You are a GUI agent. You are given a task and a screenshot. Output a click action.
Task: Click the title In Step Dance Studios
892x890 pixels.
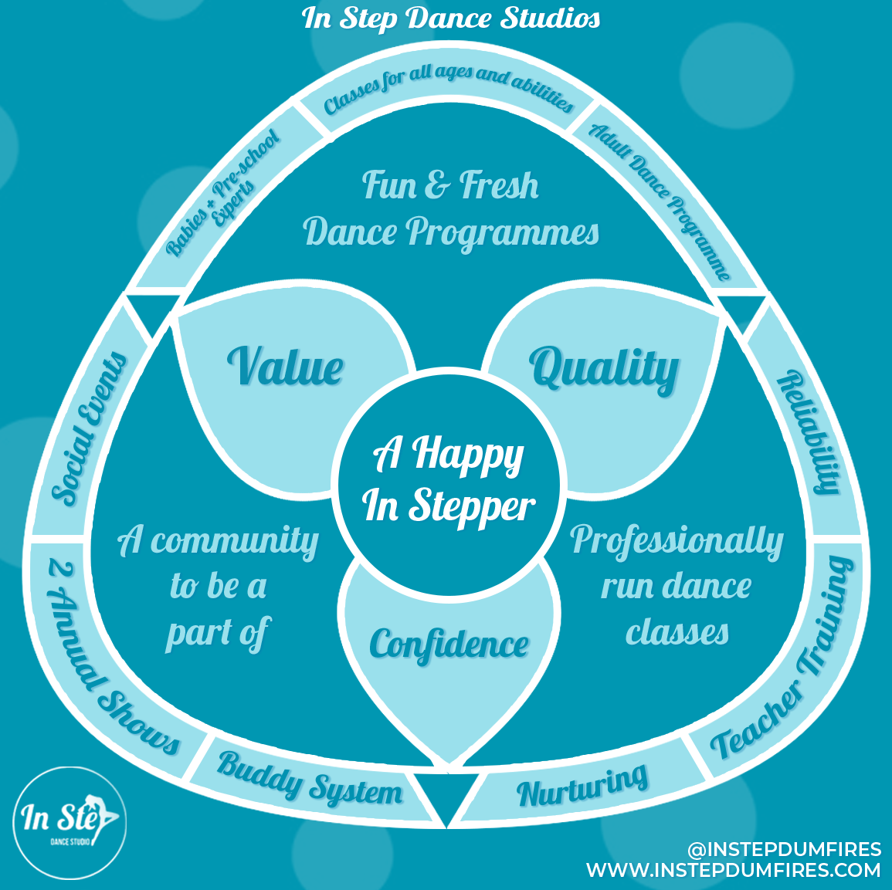(x=451, y=19)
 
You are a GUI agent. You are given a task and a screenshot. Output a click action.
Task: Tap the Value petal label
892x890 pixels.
(x=285, y=367)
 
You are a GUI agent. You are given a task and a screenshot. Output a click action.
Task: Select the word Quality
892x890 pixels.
(x=604, y=369)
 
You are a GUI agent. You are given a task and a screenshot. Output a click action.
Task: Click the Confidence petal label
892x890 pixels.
(x=449, y=645)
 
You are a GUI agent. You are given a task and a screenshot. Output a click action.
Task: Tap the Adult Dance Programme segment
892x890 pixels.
(x=660, y=201)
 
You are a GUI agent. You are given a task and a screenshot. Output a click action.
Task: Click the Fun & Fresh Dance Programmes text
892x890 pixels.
(x=451, y=209)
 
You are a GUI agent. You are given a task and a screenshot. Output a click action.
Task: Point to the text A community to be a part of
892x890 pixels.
(x=218, y=586)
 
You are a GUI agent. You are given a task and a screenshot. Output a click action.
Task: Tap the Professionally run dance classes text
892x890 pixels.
(x=677, y=586)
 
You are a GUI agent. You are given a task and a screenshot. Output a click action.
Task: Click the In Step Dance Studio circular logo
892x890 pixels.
(x=70, y=821)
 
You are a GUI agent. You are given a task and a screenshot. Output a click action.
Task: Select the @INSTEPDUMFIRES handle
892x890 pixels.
(x=784, y=850)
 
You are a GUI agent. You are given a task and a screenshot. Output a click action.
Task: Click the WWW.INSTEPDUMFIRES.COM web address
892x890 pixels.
(x=733, y=871)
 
